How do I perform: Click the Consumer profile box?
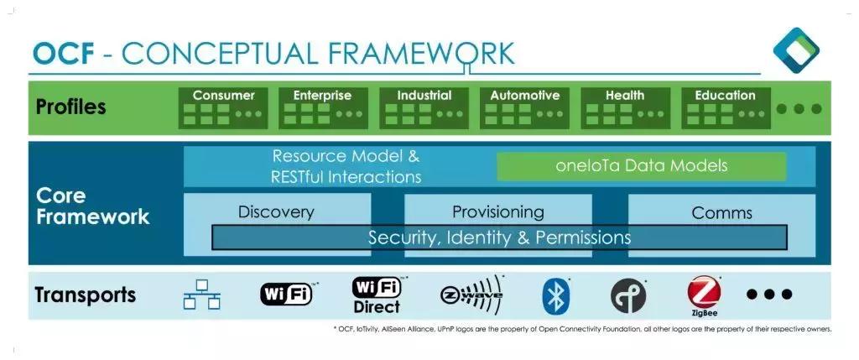223,107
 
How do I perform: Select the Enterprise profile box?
323,107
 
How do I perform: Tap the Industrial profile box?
424,107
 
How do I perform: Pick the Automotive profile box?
524,107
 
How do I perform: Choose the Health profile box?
625,107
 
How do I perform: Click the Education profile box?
725,107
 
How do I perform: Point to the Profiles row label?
71,107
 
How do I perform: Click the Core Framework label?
92,206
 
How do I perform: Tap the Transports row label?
85,295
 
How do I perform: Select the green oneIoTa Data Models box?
642,166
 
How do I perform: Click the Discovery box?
276,211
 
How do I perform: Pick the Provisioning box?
497,211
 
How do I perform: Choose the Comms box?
721,212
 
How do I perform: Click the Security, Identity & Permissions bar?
499,238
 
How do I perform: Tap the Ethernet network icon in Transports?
202,295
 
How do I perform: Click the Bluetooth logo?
556,295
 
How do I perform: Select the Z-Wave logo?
471,294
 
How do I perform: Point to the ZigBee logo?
704,295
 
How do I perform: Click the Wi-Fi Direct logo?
377,295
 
